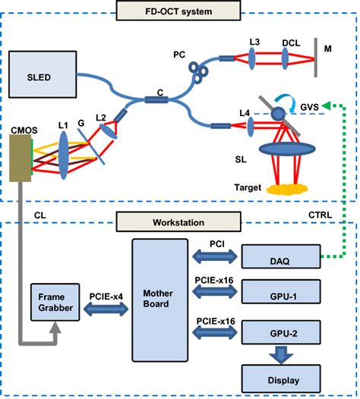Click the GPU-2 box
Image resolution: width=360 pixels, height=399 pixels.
point(279,332)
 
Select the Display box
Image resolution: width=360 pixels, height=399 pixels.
point(279,377)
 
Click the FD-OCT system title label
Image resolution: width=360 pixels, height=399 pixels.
point(180,11)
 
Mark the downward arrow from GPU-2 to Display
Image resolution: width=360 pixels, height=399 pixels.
point(279,354)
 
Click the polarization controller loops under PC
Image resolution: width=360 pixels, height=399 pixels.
point(200,70)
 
